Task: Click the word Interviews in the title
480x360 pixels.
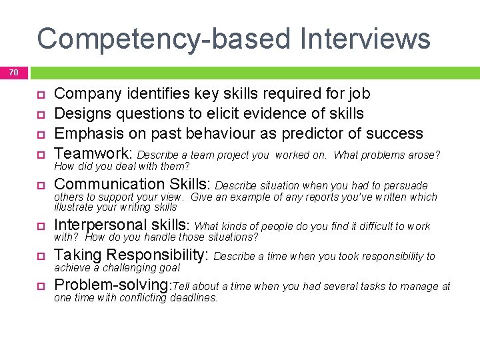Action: click(x=365, y=39)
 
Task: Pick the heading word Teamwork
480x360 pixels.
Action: click(x=92, y=154)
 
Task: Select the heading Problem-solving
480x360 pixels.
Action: click(x=112, y=285)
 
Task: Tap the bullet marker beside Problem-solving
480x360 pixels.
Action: click(x=39, y=287)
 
